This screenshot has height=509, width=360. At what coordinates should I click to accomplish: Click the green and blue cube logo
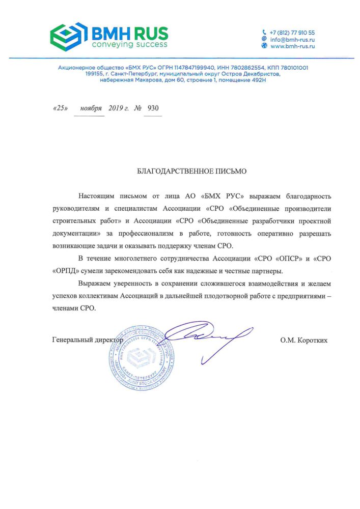pyautogui.click(x=69, y=35)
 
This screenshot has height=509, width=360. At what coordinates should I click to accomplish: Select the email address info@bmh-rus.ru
pyautogui.click(x=292, y=39)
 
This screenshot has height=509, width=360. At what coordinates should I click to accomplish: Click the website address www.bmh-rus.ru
pyautogui.click(x=293, y=46)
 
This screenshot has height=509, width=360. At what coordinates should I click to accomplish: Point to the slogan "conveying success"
pyautogui.click(x=129, y=45)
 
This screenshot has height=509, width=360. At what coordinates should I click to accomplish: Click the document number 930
pyautogui.click(x=153, y=108)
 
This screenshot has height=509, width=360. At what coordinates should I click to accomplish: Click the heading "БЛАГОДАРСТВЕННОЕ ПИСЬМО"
pyautogui.click(x=192, y=172)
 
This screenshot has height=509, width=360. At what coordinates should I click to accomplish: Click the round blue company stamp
pyautogui.click(x=143, y=356)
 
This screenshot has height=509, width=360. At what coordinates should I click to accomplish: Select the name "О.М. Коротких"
pyautogui.click(x=303, y=340)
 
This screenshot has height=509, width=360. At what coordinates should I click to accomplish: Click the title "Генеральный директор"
pyautogui.click(x=88, y=339)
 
